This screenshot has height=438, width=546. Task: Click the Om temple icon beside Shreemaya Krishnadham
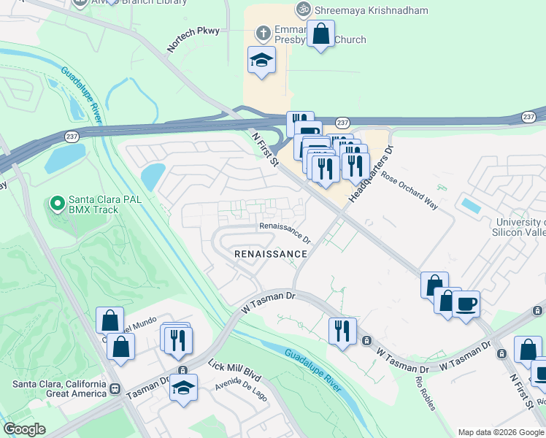pyautogui.click(x=302, y=10)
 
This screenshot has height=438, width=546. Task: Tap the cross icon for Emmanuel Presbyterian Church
pyautogui.click(x=264, y=34)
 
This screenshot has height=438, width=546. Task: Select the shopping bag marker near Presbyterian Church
pyautogui.click(x=320, y=34)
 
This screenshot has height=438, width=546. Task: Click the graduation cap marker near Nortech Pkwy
pyautogui.click(x=261, y=60)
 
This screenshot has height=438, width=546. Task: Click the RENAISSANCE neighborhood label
pyautogui.click(x=270, y=253)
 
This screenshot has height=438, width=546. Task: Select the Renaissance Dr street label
pyautogui.click(x=285, y=232)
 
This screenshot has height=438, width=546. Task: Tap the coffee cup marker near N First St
pyautogui.click(x=466, y=303)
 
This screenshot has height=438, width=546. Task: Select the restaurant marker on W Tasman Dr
pyautogui.click(x=342, y=331)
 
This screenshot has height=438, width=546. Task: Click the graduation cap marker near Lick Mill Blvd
pyautogui.click(x=184, y=387)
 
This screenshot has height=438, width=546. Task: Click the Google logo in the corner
pyautogui.click(x=24, y=429)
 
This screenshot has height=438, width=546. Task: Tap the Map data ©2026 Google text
pyautogui.click(x=500, y=432)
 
